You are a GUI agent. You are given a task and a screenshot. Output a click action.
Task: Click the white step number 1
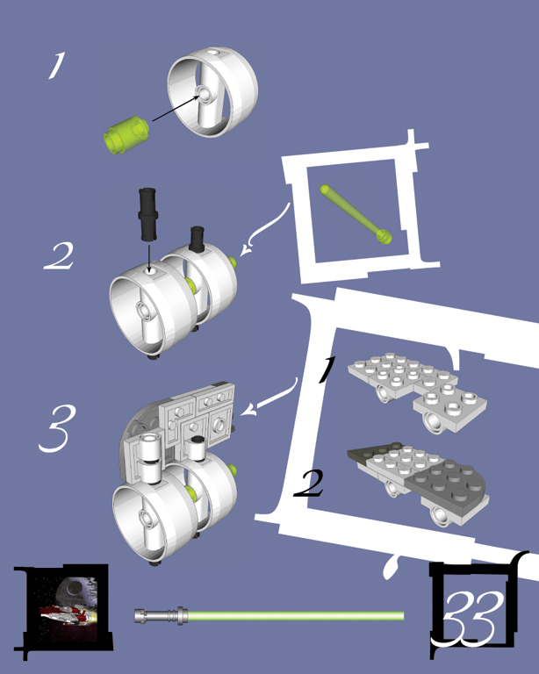(57, 65)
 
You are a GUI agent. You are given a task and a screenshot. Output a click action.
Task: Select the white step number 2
(60, 256)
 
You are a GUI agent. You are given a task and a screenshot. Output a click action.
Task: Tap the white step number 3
(58, 428)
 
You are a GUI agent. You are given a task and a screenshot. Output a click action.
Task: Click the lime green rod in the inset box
(356, 214)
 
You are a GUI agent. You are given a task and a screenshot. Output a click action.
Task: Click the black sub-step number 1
(327, 369)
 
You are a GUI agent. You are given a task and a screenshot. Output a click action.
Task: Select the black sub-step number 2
(309, 484)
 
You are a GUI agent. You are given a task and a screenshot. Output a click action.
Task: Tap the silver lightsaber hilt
(162, 615)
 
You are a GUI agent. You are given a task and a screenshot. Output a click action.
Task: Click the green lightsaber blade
(296, 616)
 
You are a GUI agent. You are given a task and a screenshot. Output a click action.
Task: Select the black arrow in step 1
(176, 108)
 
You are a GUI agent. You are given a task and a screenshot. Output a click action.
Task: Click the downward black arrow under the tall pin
(148, 258)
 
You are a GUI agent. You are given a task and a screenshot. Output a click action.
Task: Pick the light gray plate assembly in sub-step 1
(416, 392)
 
